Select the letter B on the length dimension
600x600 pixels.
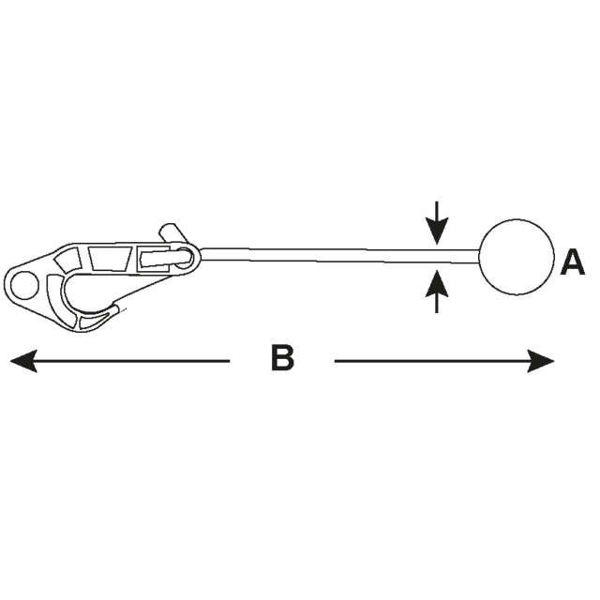coord(282,358)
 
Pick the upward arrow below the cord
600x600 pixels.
coord(436,290)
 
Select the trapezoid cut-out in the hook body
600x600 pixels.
coord(110,259)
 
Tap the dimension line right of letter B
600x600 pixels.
coord(431,360)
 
